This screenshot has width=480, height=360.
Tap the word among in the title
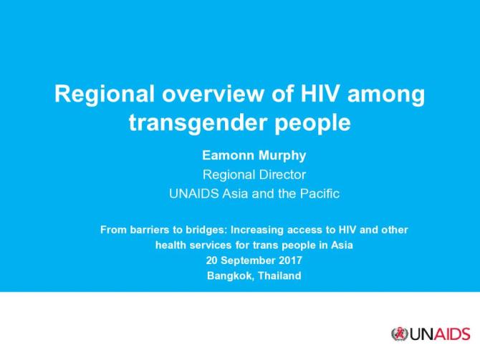[387, 95]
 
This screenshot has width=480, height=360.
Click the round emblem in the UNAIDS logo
[399, 334]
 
